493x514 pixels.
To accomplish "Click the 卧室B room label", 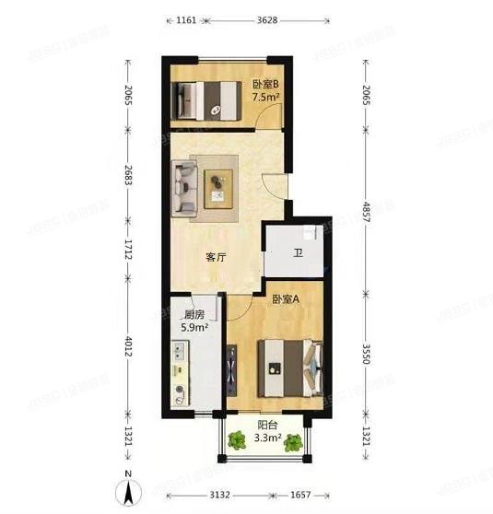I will pos(265,86).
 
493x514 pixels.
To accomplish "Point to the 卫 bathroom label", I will pos(298,252).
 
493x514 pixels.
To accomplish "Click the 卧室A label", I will pos(284,298).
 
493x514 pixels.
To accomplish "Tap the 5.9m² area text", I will pos(194,326).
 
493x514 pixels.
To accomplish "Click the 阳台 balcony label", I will pos(267,426).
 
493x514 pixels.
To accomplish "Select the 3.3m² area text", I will pos(267,439).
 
